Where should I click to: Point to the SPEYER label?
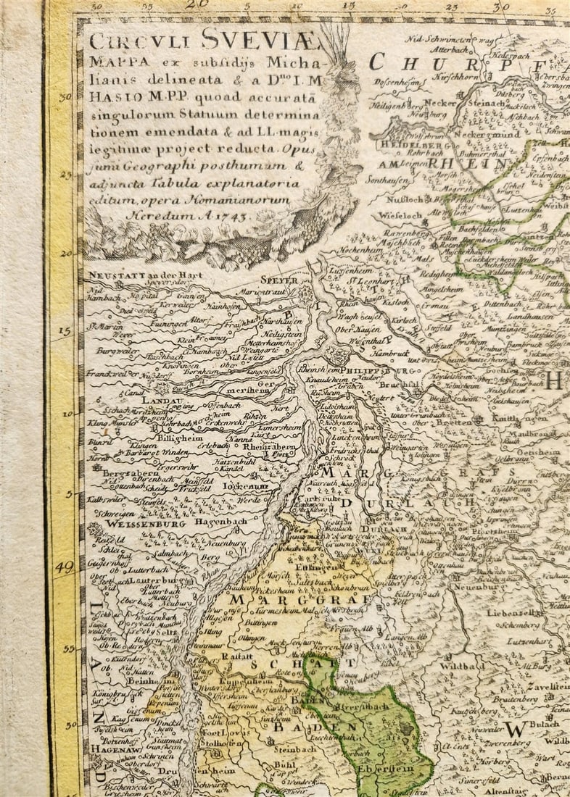279,279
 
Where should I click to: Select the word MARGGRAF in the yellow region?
300,599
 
